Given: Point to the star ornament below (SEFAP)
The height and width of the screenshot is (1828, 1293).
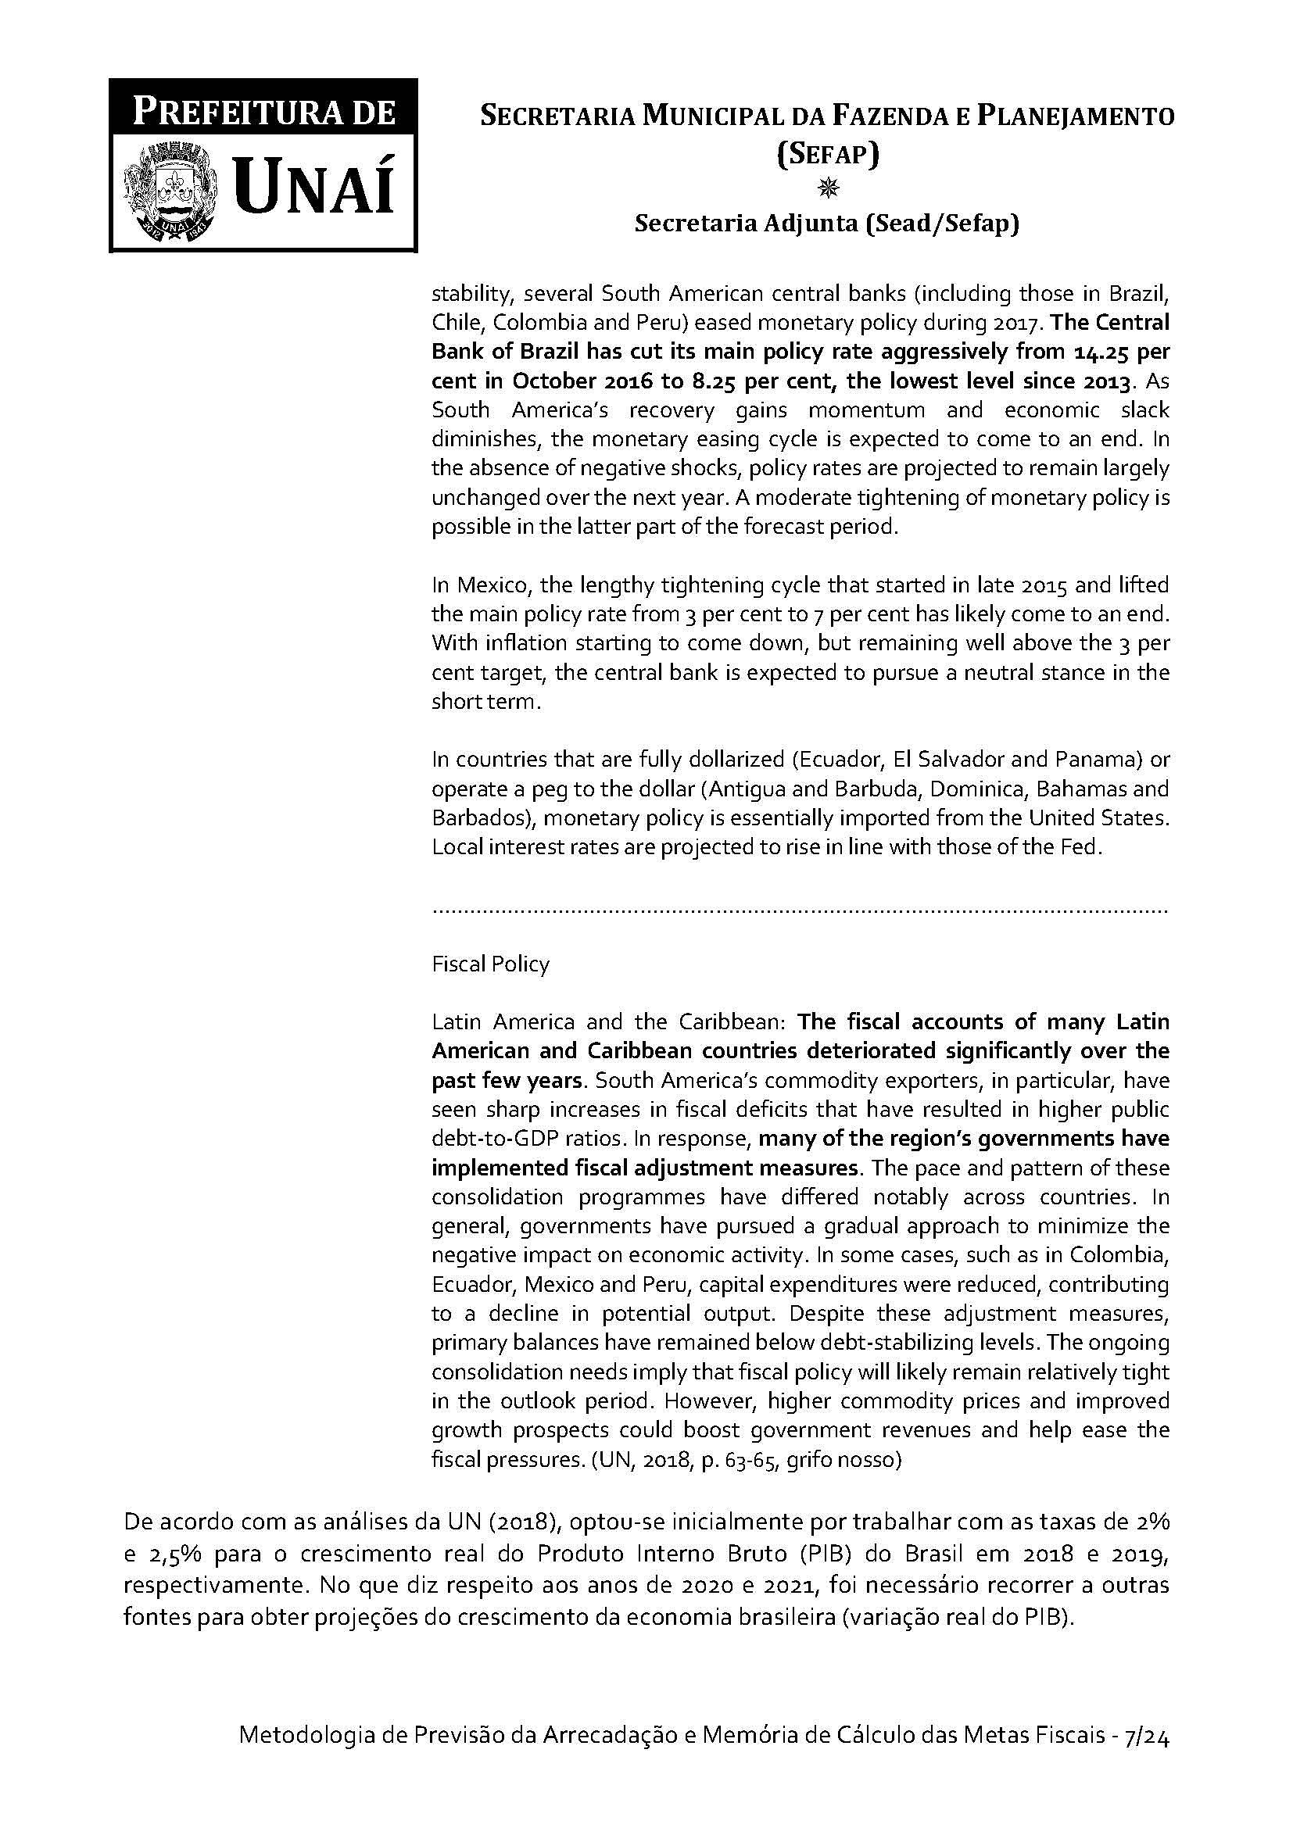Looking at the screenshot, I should [828, 188].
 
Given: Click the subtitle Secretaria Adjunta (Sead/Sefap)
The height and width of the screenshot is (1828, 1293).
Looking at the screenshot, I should [826, 224].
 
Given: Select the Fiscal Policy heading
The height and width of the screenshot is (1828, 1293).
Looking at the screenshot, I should [490, 964].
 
